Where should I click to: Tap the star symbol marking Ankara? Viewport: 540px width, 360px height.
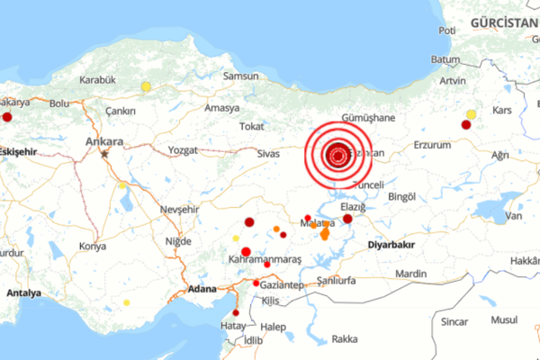coord(104,154)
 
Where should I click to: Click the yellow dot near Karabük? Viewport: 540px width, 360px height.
coord(146,86)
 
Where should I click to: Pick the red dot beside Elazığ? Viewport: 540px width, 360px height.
coord(348,219)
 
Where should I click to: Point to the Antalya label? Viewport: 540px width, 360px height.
coord(23,292)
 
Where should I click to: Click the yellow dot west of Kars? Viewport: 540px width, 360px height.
coord(472,114)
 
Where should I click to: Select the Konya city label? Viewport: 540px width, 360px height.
coord(92,246)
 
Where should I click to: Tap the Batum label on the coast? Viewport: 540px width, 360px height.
coord(446,59)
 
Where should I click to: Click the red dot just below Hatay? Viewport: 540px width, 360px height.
coord(236,338)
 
